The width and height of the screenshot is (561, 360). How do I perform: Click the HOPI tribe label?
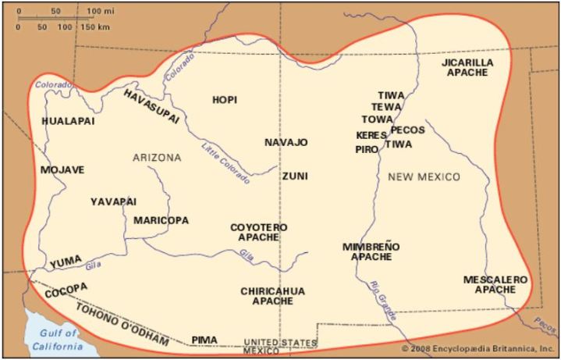(225, 99)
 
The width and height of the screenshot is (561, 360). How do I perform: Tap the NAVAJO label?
(286, 142)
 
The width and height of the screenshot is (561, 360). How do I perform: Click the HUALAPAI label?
(70, 122)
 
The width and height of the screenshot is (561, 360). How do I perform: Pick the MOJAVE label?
(62, 169)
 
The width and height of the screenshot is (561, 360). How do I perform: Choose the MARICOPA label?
(161, 220)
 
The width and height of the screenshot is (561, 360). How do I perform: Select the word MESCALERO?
(495, 279)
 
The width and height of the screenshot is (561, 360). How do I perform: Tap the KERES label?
(371, 135)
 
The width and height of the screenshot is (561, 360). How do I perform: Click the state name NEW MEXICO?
(424, 177)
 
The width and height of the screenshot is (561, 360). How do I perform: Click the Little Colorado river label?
(225, 162)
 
